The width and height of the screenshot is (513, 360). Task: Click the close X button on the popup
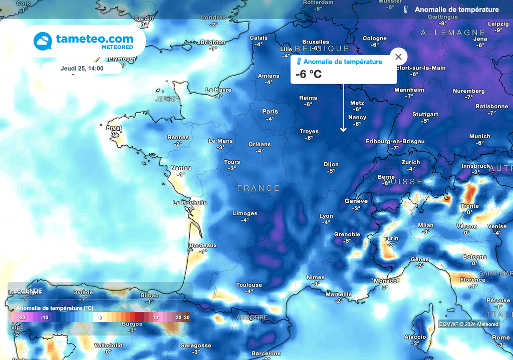click(x=399, y=57)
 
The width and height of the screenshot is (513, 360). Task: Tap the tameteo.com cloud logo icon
click(x=43, y=41)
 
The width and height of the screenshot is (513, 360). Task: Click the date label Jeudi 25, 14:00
click(x=82, y=68)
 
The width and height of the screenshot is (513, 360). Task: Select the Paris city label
click(x=270, y=112)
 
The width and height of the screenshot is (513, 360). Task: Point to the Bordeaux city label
click(x=203, y=245)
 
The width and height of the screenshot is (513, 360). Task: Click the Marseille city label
click(x=339, y=294)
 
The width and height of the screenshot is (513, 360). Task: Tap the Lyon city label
click(x=326, y=216)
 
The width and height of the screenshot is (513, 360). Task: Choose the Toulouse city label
click(x=249, y=285)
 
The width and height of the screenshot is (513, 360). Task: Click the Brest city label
click(x=114, y=128)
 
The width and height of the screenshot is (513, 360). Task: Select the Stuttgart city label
click(x=425, y=114)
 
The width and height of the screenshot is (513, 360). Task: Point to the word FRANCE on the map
click(x=259, y=188)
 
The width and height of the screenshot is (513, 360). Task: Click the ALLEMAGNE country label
click(x=453, y=33)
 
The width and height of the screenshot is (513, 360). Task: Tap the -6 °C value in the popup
click(x=309, y=75)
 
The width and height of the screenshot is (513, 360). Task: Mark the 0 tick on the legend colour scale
click(x=100, y=317)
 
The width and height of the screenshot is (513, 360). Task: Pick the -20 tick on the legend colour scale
click(x=22, y=317)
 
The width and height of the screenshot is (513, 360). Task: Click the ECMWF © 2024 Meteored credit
click(x=469, y=324)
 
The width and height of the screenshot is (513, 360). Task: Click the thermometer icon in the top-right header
click(x=405, y=10)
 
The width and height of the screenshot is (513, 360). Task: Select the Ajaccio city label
click(x=415, y=337)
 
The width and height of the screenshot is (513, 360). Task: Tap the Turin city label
click(x=391, y=238)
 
